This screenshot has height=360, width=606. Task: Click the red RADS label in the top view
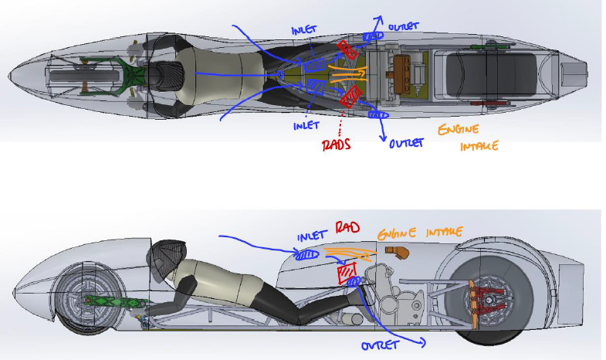click(x=337, y=144)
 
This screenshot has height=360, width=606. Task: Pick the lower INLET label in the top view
click(x=306, y=125)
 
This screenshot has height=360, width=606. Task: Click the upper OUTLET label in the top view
click(x=405, y=25)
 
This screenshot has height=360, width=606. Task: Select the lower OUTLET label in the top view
click(x=407, y=144)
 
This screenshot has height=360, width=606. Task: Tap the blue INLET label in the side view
click(x=313, y=235)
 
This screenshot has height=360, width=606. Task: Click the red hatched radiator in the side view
click(x=346, y=273)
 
